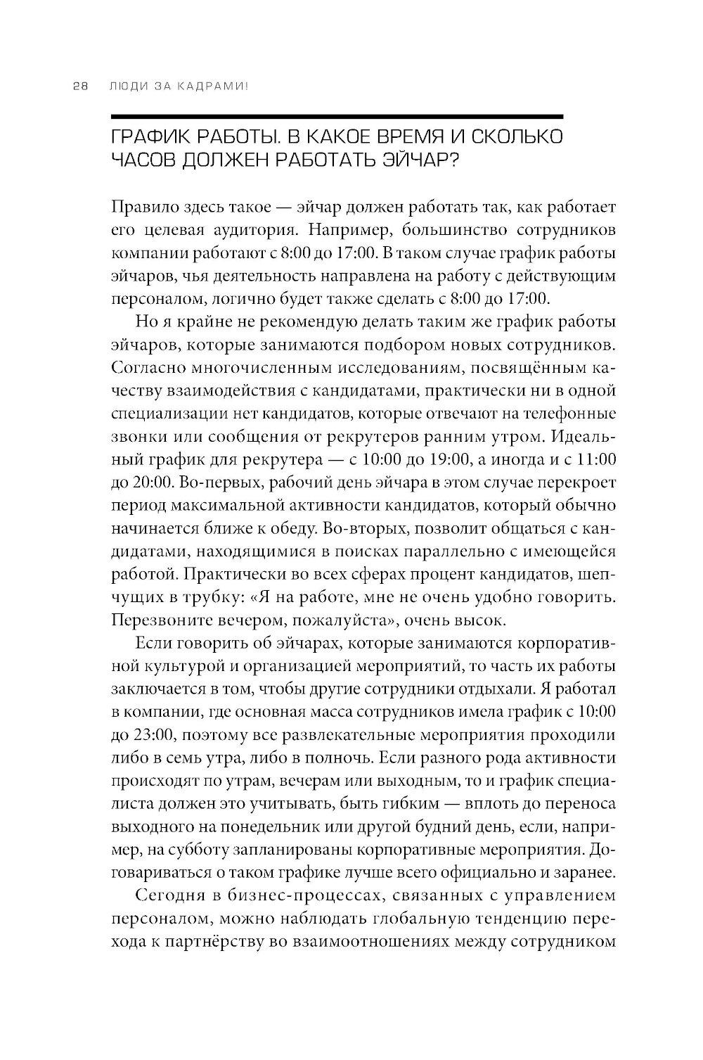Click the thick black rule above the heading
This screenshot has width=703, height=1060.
coord(337,116)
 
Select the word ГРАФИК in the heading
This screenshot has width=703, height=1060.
coord(149,136)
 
